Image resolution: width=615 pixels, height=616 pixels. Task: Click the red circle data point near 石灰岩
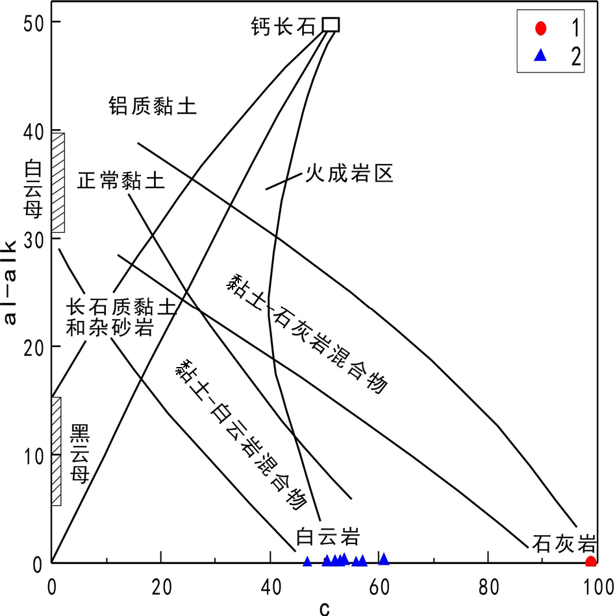tap(590, 561)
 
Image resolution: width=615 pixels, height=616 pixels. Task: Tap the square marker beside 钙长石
tap(331, 25)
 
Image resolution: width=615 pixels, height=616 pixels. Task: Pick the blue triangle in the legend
tap(541, 56)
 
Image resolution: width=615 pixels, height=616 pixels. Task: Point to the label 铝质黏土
tap(152, 106)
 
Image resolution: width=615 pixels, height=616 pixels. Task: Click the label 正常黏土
tap(121, 180)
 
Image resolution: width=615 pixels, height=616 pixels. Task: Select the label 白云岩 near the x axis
tap(327, 538)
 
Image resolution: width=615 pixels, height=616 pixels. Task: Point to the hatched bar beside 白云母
tap(58, 182)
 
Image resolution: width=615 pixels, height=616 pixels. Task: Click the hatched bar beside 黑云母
tap(56, 451)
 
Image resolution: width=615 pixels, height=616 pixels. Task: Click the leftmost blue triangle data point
tap(307, 561)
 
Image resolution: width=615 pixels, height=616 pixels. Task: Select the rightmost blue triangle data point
tap(384, 559)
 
